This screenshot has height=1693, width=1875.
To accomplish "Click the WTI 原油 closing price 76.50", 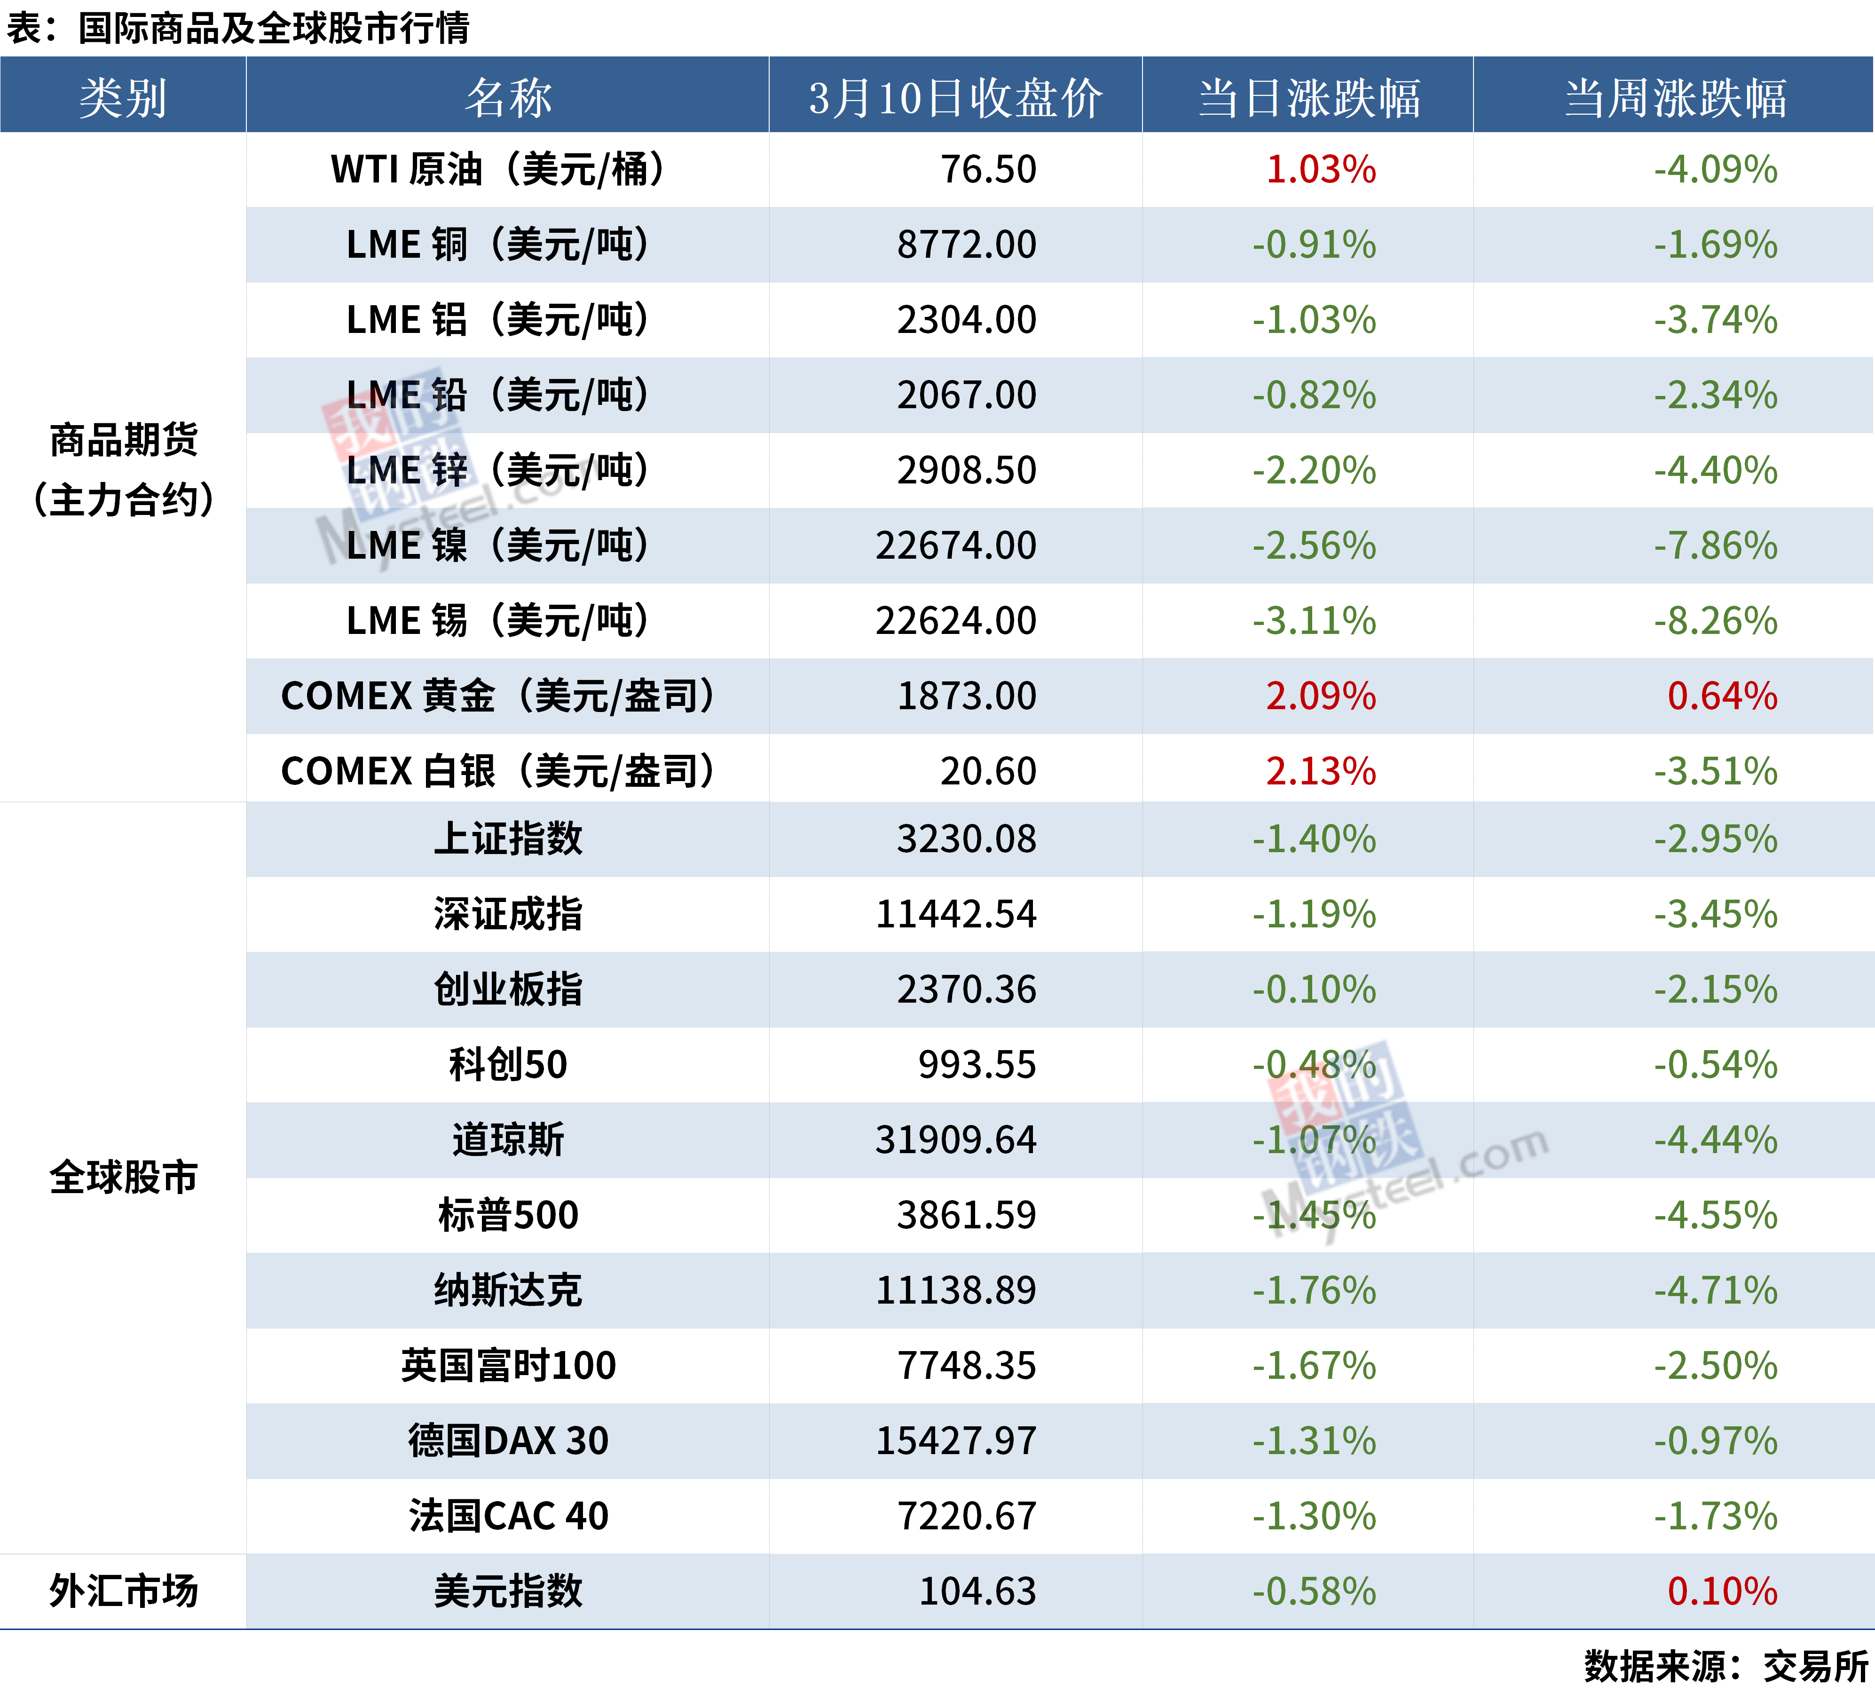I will [x=988, y=169].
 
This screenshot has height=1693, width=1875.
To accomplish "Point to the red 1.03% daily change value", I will [x=1321, y=169].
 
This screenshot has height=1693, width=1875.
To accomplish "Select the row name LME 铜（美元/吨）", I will [x=497, y=245].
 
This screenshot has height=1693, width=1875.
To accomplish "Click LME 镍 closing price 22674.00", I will [x=955, y=545].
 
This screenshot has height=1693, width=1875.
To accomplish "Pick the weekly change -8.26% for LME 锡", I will [x=1715, y=620].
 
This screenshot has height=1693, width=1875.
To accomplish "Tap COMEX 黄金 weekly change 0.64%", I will [x=1722, y=696].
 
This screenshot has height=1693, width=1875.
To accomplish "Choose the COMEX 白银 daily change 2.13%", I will [x=1321, y=771].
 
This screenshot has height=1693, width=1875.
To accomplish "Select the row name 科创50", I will [x=508, y=1064].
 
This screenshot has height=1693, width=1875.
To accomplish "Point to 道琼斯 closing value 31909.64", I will [x=955, y=1139].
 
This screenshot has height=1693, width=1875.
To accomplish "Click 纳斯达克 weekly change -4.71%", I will [x=1715, y=1290].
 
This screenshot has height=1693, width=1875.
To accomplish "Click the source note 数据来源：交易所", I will [x=1726, y=1666].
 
